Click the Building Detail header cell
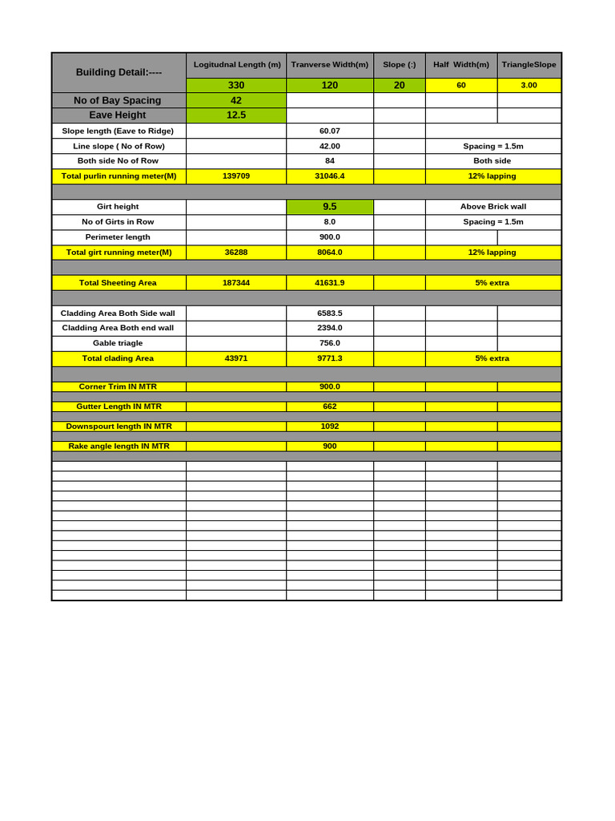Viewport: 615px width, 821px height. pyautogui.click(x=119, y=72)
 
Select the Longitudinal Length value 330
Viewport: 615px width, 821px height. pyautogui.click(x=236, y=85)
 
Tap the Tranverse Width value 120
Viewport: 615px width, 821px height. pyautogui.click(x=330, y=85)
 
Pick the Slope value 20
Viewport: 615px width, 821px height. pyautogui.click(x=399, y=85)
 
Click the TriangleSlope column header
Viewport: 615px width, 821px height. pyautogui.click(x=529, y=65)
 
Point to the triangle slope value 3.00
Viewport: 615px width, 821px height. pyautogui.click(x=529, y=85)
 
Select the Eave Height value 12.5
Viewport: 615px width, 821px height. pyautogui.click(x=236, y=115)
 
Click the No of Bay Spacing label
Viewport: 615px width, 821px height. pyautogui.click(x=118, y=100)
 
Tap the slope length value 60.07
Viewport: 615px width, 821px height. pyautogui.click(x=330, y=131)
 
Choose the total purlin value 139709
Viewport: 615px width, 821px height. pyautogui.click(x=236, y=176)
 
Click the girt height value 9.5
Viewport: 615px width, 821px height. pyautogui.click(x=330, y=207)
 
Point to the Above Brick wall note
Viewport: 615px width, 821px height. pyautogui.click(x=493, y=207)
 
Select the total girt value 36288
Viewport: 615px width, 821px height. pyautogui.click(x=236, y=253)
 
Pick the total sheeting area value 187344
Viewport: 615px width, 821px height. pyautogui.click(x=236, y=283)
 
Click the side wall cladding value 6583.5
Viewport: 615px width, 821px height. pyautogui.click(x=330, y=313)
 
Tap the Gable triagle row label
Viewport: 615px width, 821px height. pyautogui.click(x=118, y=343)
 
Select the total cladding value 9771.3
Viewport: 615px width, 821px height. pyautogui.click(x=330, y=358)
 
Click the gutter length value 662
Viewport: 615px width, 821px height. pyautogui.click(x=330, y=406)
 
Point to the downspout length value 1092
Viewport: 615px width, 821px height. pyautogui.click(x=330, y=427)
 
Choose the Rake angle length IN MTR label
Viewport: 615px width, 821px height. pyautogui.click(x=119, y=447)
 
